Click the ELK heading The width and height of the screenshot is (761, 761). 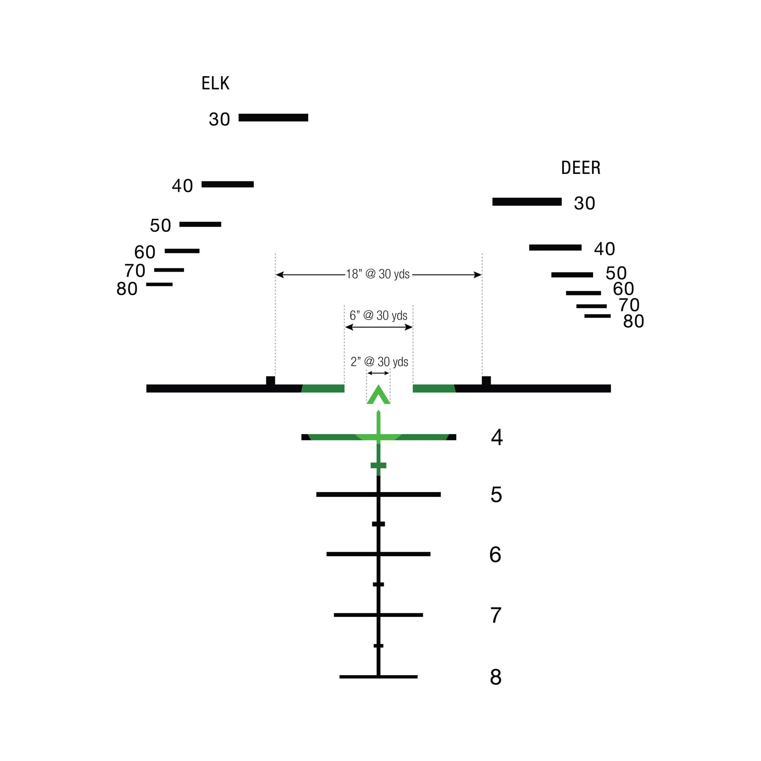pos(215,83)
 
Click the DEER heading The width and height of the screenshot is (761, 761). pos(581,168)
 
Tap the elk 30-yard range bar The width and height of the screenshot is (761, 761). pos(273,117)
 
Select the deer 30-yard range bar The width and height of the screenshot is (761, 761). pos(527,202)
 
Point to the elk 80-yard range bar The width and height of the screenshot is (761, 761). pos(159,284)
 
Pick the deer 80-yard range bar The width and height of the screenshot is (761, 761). pos(597,316)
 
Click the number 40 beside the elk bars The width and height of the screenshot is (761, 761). pos(182,185)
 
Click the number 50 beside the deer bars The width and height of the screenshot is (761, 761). pos(616,273)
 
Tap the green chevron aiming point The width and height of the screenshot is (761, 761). pos(378,395)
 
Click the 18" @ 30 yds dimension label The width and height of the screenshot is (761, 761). pos(378,274)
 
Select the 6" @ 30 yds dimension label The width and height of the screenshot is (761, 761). pos(379,315)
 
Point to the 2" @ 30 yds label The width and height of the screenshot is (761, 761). pos(379,362)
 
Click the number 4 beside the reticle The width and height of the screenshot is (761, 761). pos(497,437)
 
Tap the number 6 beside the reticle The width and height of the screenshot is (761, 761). pos(495,555)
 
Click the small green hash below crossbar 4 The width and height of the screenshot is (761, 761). pos(378,465)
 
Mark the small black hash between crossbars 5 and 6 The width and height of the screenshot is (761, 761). pos(378,524)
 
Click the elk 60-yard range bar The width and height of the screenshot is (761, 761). pos(182,251)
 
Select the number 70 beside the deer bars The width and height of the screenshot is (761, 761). pos(629,305)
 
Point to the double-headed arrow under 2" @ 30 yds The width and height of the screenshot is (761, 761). pos(378,373)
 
